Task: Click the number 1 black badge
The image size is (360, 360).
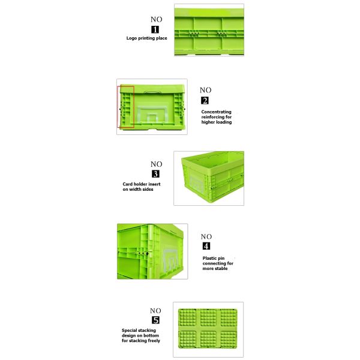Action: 156,28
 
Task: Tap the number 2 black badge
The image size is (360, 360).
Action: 205,100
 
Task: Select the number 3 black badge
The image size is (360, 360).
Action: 156,174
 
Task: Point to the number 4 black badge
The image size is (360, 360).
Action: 206,246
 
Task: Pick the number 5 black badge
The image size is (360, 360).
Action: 156,320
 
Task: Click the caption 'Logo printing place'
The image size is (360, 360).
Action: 146,38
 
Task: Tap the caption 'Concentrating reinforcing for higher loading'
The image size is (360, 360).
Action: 217,116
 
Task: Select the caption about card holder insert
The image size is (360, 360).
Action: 142,187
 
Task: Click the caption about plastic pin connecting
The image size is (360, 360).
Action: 218,263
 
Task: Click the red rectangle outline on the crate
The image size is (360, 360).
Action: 126,107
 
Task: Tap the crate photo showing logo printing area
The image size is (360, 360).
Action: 208,31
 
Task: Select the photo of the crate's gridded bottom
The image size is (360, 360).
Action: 208,329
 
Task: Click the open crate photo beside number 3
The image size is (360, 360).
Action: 209,178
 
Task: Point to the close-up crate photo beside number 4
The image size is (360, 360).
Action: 152,251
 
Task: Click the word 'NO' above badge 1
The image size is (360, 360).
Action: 156,19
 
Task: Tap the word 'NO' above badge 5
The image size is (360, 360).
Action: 156,310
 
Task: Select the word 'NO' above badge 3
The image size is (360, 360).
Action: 156,164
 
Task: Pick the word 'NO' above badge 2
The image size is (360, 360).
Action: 205,90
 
